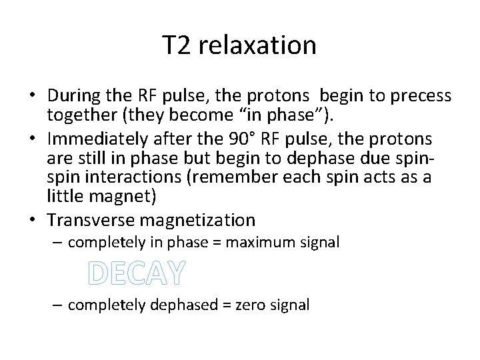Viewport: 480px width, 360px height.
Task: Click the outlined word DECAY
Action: [137, 273]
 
